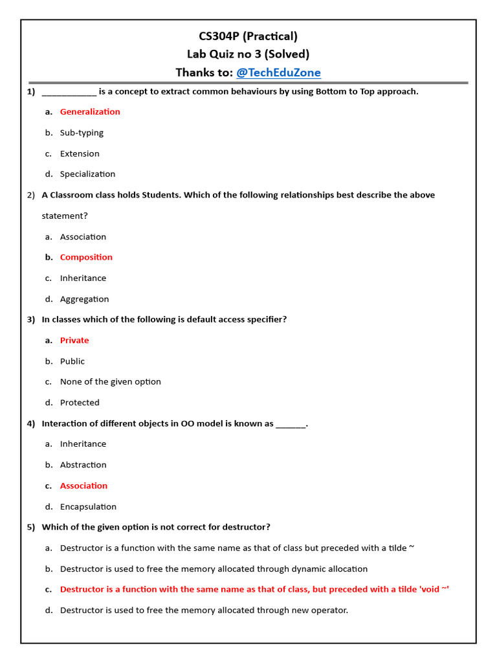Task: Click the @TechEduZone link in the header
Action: tap(278, 73)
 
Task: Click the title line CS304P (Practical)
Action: tap(248, 36)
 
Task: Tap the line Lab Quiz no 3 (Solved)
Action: tap(248, 54)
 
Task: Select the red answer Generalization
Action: tap(90, 112)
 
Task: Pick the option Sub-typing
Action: tap(82, 133)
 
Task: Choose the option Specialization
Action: tap(87, 174)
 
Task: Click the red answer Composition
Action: tap(86, 257)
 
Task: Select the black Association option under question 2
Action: tap(83, 237)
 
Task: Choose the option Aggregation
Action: tap(84, 299)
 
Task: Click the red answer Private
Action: tap(74, 341)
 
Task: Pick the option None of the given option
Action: tap(110, 382)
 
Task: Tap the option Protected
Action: tap(80, 403)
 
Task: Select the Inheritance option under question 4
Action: tap(83, 444)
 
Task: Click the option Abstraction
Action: tap(83, 465)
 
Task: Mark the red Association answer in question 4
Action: tap(83, 486)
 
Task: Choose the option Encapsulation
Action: tap(88, 507)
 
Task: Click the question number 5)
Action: tap(31, 527)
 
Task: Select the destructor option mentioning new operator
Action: tap(204, 610)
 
